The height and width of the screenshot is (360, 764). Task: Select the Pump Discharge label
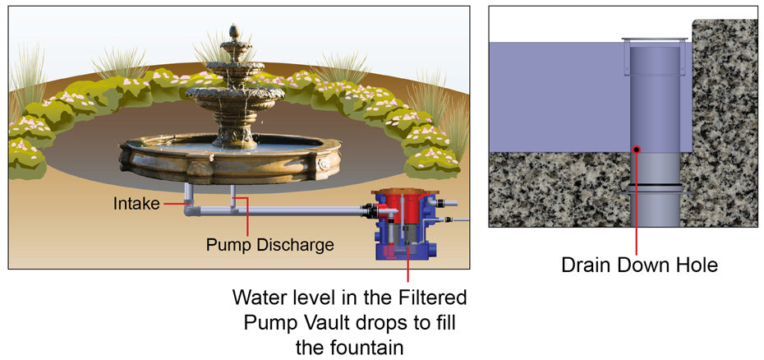tap(269, 244)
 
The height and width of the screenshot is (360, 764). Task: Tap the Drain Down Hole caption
tap(638, 265)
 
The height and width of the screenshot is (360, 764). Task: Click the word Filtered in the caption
tap(428, 296)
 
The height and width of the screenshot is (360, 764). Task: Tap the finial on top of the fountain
tap(236, 34)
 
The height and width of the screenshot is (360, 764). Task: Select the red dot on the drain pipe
tap(637, 149)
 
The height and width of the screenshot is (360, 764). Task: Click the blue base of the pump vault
tap(406, 246)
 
